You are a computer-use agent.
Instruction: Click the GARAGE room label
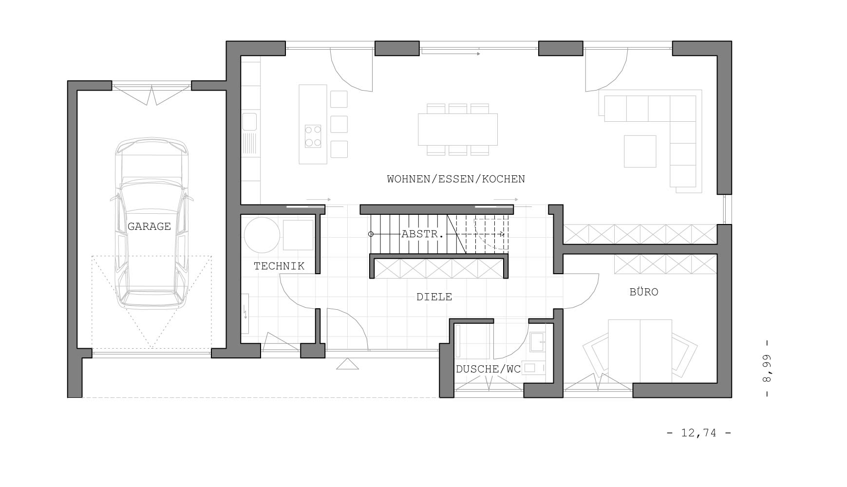[x=149, y=226]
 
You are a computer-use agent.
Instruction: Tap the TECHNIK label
[x=279, y=266]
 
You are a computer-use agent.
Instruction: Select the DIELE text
[x=434, y=297]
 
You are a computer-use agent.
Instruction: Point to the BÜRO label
[x=644, y=292]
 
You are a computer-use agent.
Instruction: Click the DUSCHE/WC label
[x=488, y=369]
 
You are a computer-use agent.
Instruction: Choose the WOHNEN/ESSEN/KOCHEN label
[x=456, y=179]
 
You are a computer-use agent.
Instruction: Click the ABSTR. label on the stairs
[x=423, y=234]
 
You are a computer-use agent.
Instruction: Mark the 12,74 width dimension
[x=699, y=432]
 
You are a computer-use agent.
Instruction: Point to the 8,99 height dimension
[x=767, y=368]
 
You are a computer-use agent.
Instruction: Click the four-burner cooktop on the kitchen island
[x=313, y=136]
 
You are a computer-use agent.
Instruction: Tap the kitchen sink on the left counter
[x=249, y=122]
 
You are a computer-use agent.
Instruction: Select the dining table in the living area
[x=458, y=130]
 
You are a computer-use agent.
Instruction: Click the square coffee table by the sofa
[x=640, y=151]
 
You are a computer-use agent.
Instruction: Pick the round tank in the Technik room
[x=262, y=235]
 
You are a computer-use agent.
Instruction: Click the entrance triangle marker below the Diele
[x=348, y=364]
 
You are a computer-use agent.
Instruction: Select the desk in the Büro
[x=640, y=351]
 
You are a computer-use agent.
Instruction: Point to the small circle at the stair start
[x=371, y=234]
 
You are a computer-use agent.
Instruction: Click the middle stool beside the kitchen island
[x=339, y=124]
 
